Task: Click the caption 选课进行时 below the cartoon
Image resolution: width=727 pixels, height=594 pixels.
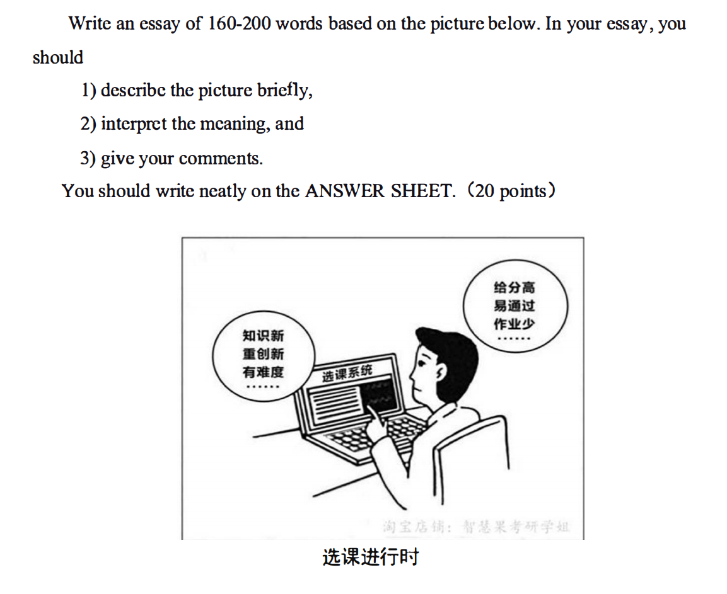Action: (x=370, y=557)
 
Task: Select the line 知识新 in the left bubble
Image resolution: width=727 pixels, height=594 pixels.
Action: (x=263, y=336)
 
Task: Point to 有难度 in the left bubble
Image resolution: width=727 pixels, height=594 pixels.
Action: (x=263, y=372)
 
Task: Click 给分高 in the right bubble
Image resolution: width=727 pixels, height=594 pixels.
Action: (x=515, y=288)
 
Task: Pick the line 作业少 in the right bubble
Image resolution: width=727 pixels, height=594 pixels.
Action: (x=515, y=324)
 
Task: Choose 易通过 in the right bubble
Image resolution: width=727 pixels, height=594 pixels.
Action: (x=515, y=306)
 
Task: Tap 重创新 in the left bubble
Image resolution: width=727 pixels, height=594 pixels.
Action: (x=263, y=353)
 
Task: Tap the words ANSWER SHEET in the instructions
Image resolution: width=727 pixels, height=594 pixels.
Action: (x=379, y=191)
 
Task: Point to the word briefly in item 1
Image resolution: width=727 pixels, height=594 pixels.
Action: (x=284, y=90)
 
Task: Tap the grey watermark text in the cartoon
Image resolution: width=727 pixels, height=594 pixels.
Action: (x=475, y=527)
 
